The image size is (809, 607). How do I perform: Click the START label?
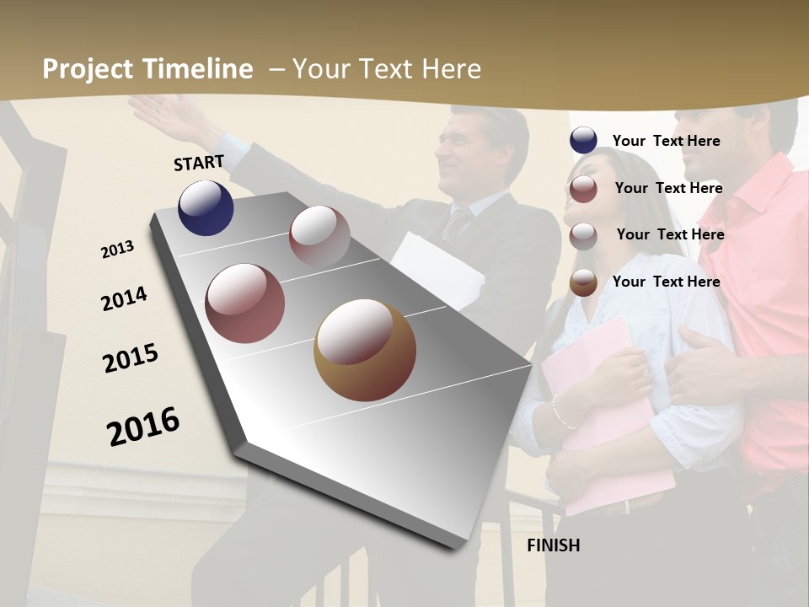point(199,163)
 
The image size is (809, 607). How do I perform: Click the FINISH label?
point(554,545)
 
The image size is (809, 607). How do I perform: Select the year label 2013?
point(117,250)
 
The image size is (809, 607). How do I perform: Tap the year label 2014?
point(124,299)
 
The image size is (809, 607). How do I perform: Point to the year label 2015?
point(131,358)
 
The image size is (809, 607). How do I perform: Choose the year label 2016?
point(143,427)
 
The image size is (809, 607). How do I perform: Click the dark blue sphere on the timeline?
point(206,207)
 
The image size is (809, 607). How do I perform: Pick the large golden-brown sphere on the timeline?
point(364,350)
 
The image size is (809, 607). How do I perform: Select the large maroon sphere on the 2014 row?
point(244,303)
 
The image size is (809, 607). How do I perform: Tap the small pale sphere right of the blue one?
point(319,236)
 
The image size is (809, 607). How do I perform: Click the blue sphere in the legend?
point(583,141)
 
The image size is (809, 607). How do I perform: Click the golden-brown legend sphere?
point(583,282)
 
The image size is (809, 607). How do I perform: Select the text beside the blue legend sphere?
point(666,141)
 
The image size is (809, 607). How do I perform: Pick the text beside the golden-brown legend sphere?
point(666,282)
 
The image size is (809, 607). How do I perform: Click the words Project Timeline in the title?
point(147,69)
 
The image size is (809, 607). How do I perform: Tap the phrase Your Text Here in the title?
point(387,69)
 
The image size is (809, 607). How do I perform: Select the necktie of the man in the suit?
point(456,224)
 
